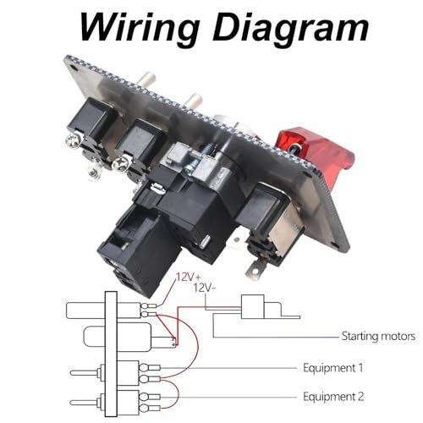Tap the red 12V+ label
tap(189, 277)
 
